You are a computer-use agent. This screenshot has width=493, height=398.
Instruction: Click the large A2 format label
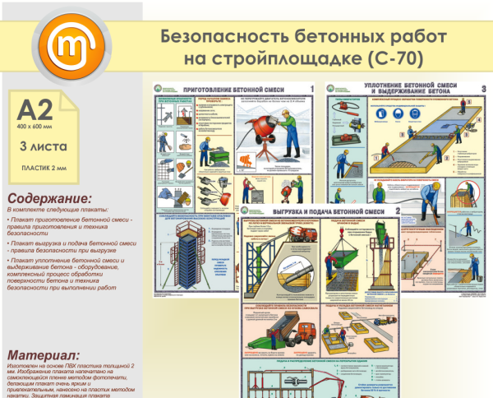(x=35, y=109)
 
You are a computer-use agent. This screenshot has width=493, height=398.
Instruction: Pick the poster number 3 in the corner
(x=483, y=88)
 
